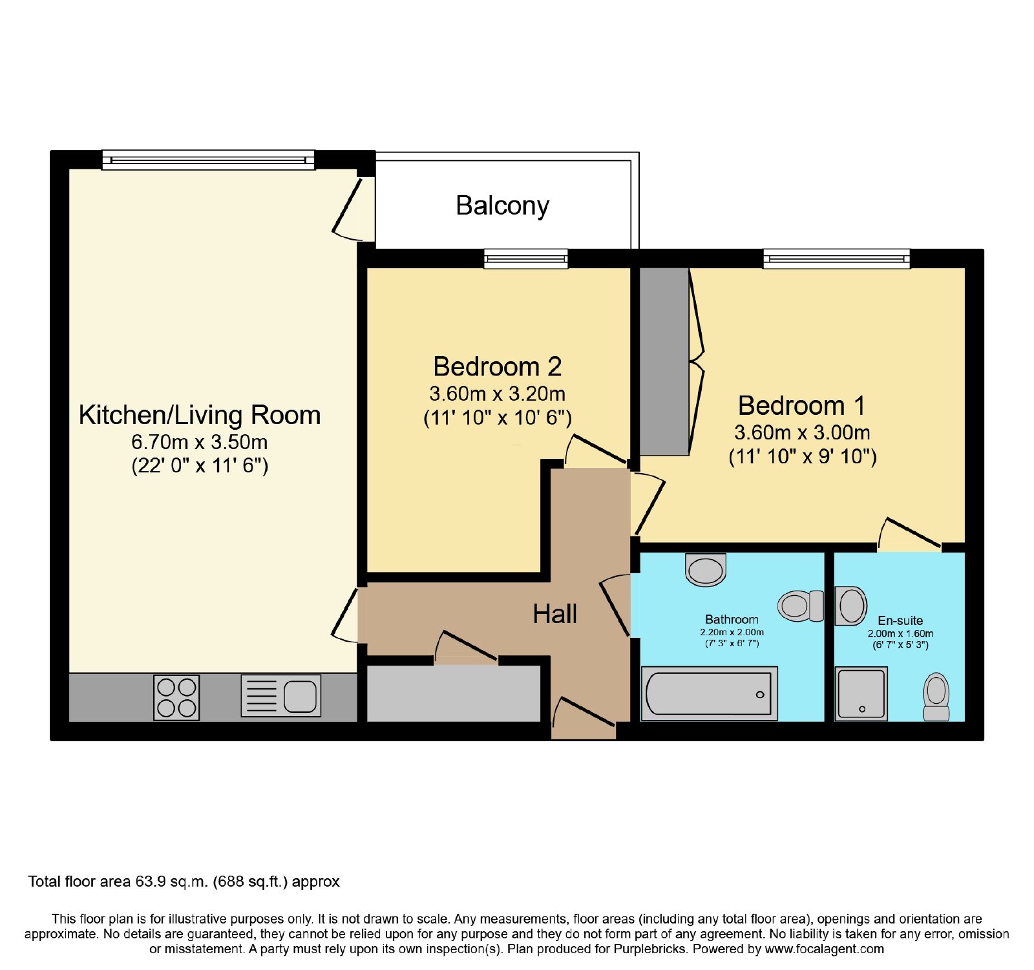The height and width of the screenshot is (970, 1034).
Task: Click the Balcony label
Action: (502, 206)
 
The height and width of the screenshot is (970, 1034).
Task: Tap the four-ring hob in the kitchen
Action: (176, 697)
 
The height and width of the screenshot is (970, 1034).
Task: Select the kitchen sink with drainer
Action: (281, 696)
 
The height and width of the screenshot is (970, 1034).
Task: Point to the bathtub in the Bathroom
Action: (710, 693)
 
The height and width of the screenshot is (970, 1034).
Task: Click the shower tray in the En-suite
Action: (861, 693)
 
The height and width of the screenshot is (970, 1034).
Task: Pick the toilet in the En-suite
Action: (936, 697)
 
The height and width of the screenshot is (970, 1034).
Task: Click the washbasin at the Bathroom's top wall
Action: (706, 569)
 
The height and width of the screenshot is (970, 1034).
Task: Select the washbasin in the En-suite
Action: (850, 606)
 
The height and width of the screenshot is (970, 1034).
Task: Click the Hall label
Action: (554, 614)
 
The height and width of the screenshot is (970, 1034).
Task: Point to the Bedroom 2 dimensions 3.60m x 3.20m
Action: (497, 394)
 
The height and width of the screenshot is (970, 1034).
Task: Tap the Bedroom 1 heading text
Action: (801, 406)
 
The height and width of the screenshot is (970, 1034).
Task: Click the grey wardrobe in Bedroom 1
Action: (664, 362)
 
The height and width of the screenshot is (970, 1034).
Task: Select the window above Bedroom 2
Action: (526, 259)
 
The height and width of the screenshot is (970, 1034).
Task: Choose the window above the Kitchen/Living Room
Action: (208, 160)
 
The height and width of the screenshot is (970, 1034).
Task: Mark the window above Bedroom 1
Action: (836, 259)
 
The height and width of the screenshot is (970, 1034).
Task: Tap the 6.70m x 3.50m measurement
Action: (199, 442)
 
